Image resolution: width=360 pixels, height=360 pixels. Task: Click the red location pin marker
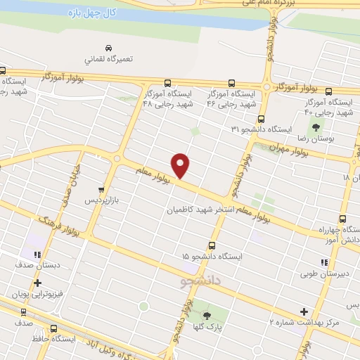click(x=181, y=165)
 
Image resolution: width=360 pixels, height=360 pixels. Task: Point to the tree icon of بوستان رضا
click(x=316, y=127)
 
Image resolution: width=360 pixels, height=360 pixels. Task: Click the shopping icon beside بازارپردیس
click(x=102, y=189)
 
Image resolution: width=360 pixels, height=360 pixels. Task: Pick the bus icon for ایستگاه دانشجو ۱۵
click(x=212, y=245)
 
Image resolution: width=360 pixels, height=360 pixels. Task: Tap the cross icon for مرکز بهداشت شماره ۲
click(x=304, y=311)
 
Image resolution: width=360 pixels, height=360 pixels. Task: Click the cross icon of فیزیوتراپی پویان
click(x=37, y=283)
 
